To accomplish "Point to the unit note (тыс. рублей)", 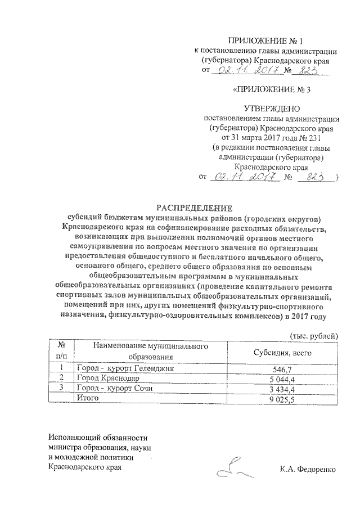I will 313,336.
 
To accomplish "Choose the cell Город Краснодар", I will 105,379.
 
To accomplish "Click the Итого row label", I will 88,398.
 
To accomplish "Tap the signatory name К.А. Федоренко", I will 308,468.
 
